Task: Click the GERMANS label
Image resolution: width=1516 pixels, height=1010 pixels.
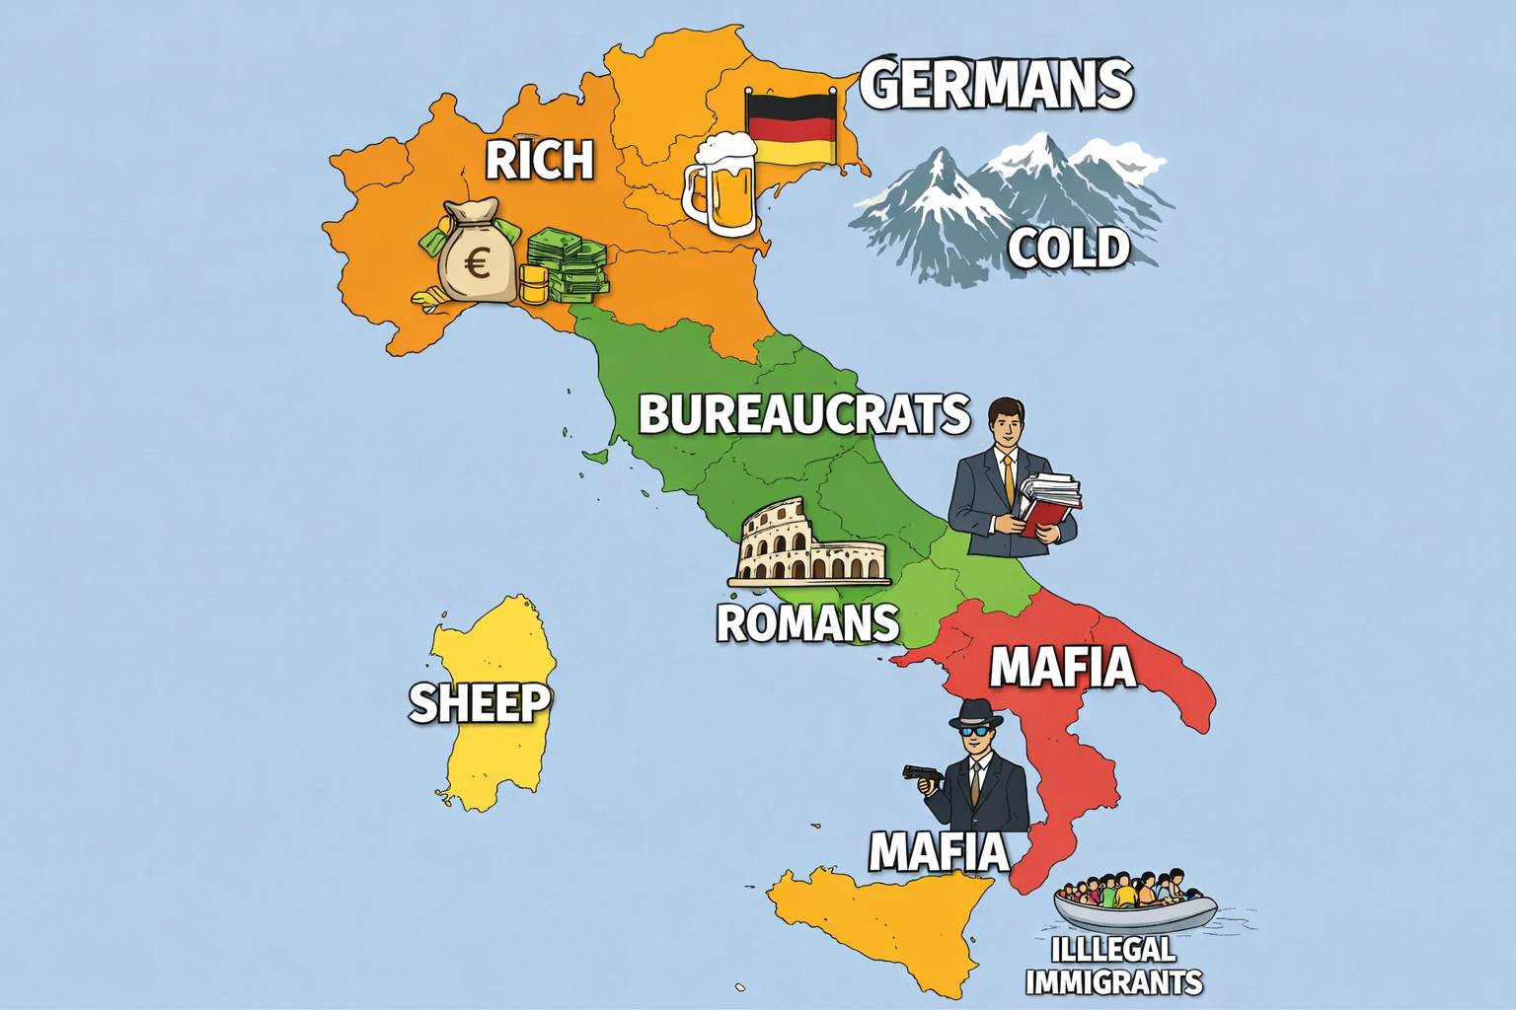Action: tap(997, 84)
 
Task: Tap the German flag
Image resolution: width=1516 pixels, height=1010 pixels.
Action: tap(791, 128)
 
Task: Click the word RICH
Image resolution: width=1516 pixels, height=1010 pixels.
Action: tap(540, 160)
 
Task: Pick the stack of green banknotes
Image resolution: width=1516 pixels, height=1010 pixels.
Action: tap(567, 266)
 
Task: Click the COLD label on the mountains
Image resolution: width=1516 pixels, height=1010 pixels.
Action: tap(1068, 248)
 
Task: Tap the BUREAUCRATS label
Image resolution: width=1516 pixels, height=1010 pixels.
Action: tap(803, 414)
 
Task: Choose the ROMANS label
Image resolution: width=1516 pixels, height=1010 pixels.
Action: tap(807, 623)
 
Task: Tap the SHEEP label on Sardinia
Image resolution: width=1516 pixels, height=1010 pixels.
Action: tap(480, 702)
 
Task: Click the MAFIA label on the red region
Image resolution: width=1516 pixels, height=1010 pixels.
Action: tap(1062, 667)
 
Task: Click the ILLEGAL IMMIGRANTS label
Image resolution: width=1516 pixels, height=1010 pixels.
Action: tap(1114, 966)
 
